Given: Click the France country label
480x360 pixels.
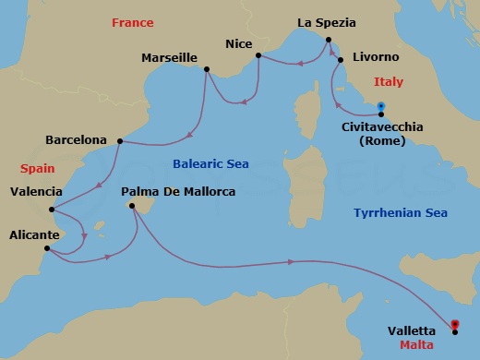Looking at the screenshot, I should [x=132, y=22].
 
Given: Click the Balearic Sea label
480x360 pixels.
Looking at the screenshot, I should [x=211, y=163].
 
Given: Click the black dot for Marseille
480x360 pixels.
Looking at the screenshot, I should [x=206, y=69].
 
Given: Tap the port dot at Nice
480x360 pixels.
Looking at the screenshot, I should [x=258, y=55].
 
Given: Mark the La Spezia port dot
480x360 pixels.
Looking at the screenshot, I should [x=328, y=40].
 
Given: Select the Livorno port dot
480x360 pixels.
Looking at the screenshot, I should [x=341, y=61].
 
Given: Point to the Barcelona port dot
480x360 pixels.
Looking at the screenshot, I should [x=120, y=141].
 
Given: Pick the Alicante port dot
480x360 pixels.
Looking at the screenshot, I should [x=46, y=248].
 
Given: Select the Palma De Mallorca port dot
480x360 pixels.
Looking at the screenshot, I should [x=133, y=206].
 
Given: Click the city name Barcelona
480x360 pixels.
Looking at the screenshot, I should [x=76, y=140].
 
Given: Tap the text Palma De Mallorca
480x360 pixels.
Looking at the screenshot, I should [x=178, y=192].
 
